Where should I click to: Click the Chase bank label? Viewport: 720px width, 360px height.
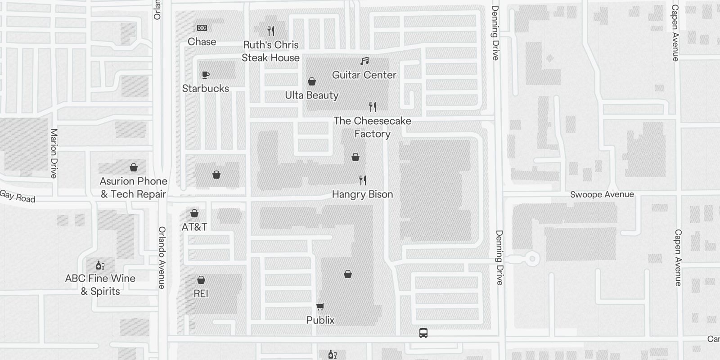coord(202,42)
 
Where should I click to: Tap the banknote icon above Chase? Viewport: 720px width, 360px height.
coord(202,28)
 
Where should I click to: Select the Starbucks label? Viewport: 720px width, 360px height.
coord(205,89)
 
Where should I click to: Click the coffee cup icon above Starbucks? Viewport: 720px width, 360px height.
coord(206,75)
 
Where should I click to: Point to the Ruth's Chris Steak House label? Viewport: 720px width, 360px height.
coord(270,51)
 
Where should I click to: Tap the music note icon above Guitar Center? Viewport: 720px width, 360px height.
coord(364,61)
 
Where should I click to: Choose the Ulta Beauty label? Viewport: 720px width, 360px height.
coord(311,95)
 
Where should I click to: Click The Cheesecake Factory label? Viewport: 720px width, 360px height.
coord(372,127)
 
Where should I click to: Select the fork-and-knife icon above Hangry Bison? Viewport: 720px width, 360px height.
coord(363,180)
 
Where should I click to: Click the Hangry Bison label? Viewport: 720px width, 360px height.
coord(362,194)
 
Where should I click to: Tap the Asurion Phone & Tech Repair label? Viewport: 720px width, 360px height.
coord(133,188)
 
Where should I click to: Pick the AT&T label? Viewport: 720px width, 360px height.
coord(194,227)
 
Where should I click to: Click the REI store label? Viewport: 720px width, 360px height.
coord(201,294)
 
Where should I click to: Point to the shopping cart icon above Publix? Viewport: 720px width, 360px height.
coord(320,307)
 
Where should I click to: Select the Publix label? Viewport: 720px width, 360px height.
coord(320,320)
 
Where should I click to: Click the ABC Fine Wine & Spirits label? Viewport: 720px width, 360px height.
coord(100,285)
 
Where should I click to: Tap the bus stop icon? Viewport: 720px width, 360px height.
coord(423,333)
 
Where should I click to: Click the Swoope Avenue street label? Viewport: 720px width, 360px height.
coord(602,194)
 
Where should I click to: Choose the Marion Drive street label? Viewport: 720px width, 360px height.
coord(54,153)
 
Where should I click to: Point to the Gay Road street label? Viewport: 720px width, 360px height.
coord(18,197)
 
